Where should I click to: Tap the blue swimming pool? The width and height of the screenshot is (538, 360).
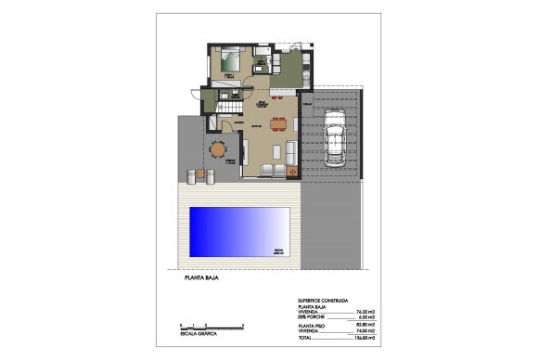pyautogui.click(x=239, y=232)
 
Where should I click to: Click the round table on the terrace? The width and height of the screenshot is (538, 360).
pyautogui.click(x=218, y=148)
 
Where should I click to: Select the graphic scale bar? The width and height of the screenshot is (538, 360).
pyautogui.click(x=210, y=326)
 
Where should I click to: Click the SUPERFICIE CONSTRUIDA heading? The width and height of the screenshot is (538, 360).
pyautogui.click(x=323, y=302)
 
